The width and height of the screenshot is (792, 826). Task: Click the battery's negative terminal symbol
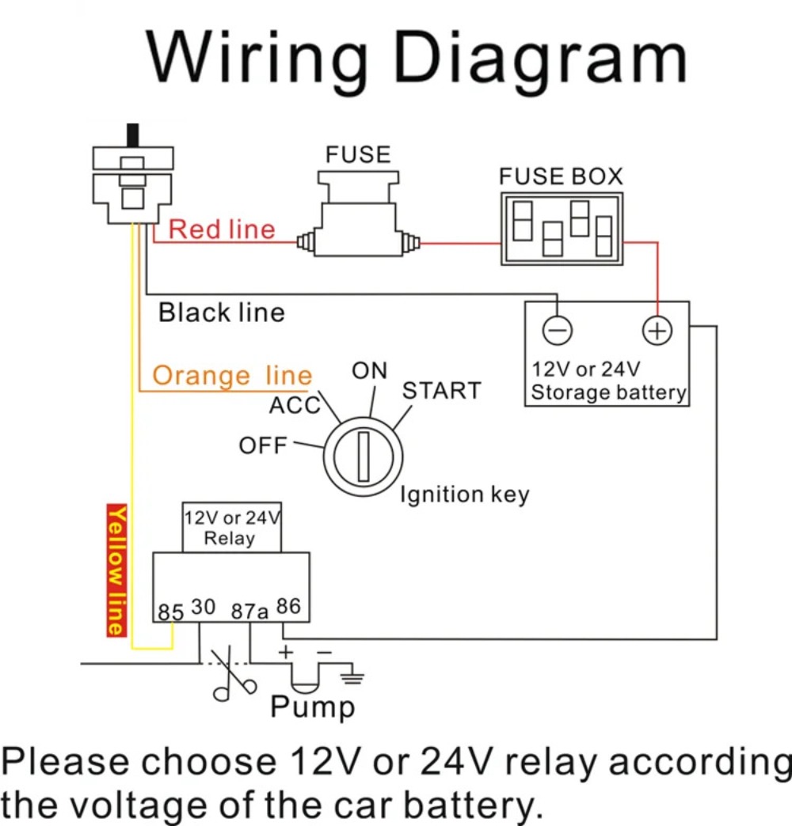[557, 331]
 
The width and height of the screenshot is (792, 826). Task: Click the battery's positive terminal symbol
[657, 331]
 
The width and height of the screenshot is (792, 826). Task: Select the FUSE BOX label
[561, 176]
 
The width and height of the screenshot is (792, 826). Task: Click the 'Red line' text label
[222, 229]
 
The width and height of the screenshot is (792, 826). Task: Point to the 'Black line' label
[222, 313]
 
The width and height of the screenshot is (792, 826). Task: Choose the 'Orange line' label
[233, 376]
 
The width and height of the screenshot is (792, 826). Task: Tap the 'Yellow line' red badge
[116, 570]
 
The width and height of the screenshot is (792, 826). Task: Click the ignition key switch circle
[364, 457]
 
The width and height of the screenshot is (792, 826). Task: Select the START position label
[442, 391]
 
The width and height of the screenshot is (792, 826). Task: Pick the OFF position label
[263, 445]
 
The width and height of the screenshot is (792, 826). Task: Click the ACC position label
[295, 405]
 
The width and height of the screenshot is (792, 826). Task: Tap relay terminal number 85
[171, 612]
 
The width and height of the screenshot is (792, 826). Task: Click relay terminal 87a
[249, 611]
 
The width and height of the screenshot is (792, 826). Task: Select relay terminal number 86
[288, 606]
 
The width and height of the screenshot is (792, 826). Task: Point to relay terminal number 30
[203, 607]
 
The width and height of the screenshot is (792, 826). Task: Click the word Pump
[313, 707]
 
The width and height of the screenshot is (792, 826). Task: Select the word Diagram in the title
[540, 57]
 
